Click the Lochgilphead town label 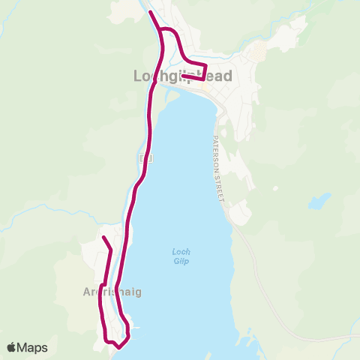pyautogui.click(x=182, y=76)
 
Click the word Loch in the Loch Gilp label pyautogui.click(x=178, y=251)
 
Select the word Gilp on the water pyautogui.click(x=178, y=260)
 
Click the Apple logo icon pyautogui.click(x=13, y=347)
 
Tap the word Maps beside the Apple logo pyautogui.click(x=34, y=347)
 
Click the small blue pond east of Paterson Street pyautogui.click(x=319, y=201)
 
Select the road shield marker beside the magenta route pyautogui.click(x=146, y=159)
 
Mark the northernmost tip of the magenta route pyautogui.click(x=151, y=13)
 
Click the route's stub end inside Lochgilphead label pyautogui.click(x=183, y=75)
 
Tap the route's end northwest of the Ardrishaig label pyautogui.click(x=103, y=238)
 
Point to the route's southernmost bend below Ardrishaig pyautogui.click(x=118, y=346)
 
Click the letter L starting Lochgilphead pyautogui.click(x=137, y=76)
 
